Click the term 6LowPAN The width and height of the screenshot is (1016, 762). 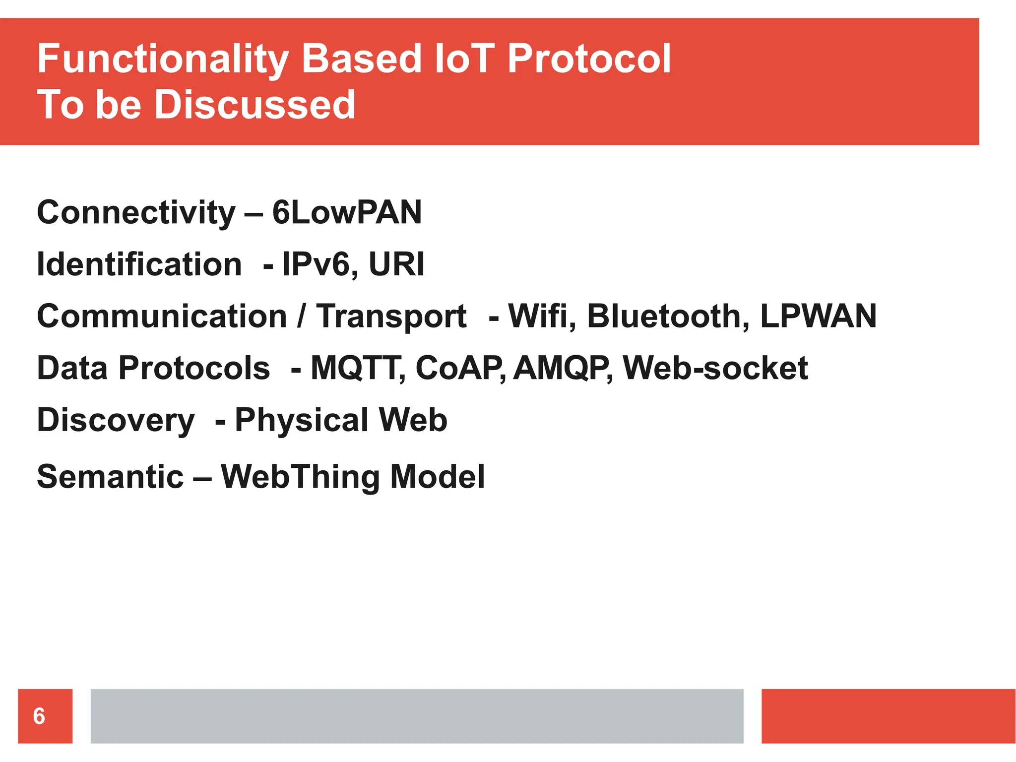pos(347,212)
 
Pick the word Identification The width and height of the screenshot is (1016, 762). pos(139,264)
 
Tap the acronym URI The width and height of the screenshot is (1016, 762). pos(396,264)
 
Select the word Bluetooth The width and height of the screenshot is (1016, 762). pos(668,316)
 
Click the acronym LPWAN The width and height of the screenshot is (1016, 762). pos(818,316)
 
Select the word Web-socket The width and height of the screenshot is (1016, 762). pos(715,368)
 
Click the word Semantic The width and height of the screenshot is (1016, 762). pos(110,477)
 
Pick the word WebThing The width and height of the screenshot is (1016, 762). pos(300,477)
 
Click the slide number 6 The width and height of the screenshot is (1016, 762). pos(39,716)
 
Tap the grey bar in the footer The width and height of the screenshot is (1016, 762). pos(417,716)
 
